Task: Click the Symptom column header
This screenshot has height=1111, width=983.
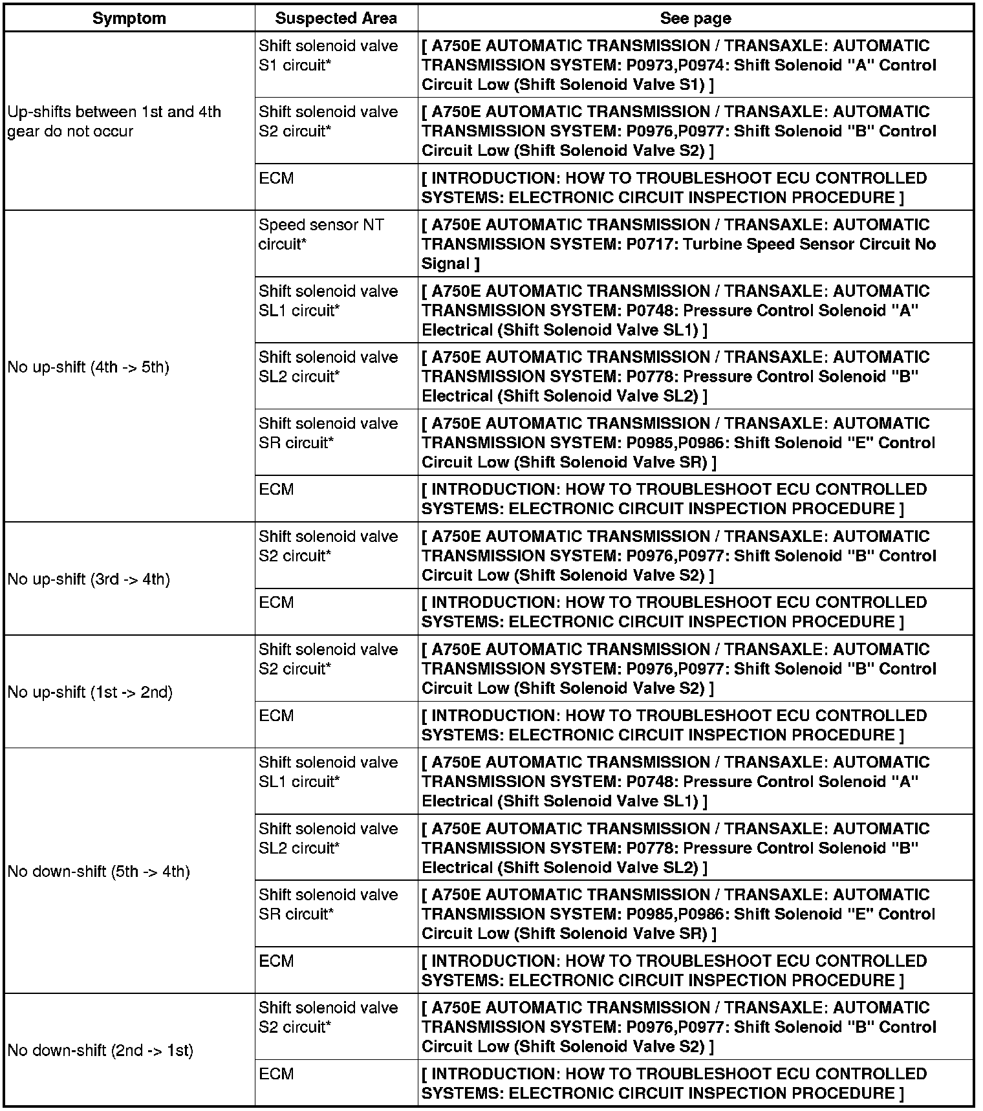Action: [x=129, y=18]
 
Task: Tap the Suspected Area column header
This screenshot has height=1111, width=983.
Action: [x=336, y=18]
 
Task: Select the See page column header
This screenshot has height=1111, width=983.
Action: [x=695, y=18]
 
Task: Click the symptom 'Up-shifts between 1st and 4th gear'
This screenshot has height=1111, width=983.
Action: [x=114, y=122]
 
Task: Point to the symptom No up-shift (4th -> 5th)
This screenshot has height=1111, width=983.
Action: [x=88, y=367]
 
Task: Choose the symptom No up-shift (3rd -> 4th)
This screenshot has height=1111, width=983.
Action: [x=89, y=579]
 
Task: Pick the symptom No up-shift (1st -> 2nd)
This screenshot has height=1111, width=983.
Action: [x=90, y=692]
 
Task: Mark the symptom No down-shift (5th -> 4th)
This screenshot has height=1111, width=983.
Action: [x=98, y=872]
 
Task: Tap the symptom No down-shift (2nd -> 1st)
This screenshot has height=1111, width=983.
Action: [x=100, y=1050]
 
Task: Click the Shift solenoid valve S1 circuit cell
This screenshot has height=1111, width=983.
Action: [x=328, y=56]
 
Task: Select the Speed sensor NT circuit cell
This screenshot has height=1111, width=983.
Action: [x=321, y=235]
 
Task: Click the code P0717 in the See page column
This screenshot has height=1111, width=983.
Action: [x=649, y=244]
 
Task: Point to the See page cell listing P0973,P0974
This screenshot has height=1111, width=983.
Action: [x=678, y=65]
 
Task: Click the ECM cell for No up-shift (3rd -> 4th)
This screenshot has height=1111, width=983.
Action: [x=276, y=603]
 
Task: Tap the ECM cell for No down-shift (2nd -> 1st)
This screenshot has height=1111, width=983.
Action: [x=276, y=1074]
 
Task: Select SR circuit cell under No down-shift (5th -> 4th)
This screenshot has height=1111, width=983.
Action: [x=328, y=905]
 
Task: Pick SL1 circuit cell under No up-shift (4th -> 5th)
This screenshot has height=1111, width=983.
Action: [x=328, y=301]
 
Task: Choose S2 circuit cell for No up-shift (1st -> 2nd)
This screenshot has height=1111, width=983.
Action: [x=328, y=659]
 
